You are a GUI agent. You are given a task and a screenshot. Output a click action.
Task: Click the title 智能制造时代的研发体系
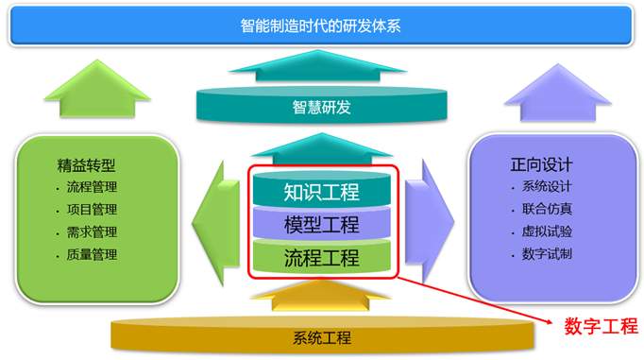pyautogui.click(x=321, y=26)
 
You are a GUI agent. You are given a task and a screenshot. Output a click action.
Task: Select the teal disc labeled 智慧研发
pyautogui.click(x=321, y=107)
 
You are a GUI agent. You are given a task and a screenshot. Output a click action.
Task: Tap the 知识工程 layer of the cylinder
pyautogui.click(x=321, y=192)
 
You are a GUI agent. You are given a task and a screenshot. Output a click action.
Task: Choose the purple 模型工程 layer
pyautogui.click(x=321, y=224)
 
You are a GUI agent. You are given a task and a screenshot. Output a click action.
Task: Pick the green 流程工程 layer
pyautogui.click(x=321, y=256)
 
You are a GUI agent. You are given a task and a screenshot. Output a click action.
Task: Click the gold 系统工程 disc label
pyautogui.click(x=321, y=337)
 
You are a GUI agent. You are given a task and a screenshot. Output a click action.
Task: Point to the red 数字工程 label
pyautogui.click(x=601, y=327)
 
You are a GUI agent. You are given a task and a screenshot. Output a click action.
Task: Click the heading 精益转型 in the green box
pyautogui.click(x=91, y=165)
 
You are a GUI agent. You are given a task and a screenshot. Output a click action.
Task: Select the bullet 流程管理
pyautogui.click(x=92, y=187)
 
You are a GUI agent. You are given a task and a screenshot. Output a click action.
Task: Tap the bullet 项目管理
pyautogui.click(x=92, y=209)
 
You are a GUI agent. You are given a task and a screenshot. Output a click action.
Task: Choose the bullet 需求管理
pyautogui.click(x=92, y=231)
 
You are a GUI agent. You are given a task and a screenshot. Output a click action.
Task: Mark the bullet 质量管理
pyautogui.click(x=92, y=253)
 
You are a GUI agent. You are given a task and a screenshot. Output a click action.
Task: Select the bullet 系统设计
pyautogui.click(x=547, y=186)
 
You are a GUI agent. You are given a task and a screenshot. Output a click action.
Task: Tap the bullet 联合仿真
pyautogui.click(x=547, y=209)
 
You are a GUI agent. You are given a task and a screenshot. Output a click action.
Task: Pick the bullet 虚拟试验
pyautogui.click(x=547, y=231)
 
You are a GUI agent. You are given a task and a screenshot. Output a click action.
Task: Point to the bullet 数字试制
pyautogui.click(x=547, y=253)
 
